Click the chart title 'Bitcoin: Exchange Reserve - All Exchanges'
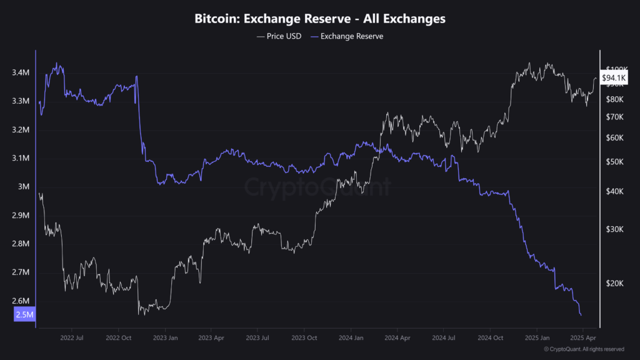(319, 19)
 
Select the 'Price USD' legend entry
(279, 36)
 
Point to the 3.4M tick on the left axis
(21, 73)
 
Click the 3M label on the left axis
(23, 187)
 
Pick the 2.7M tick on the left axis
(21, 272)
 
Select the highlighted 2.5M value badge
(24, 314)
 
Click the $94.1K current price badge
(613, 78)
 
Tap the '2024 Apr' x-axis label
(396, 338)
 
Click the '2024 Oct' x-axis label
(489, 338)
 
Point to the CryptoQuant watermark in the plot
(317, 187)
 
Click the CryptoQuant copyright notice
(583, 349)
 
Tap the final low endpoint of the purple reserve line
(581, 315)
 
